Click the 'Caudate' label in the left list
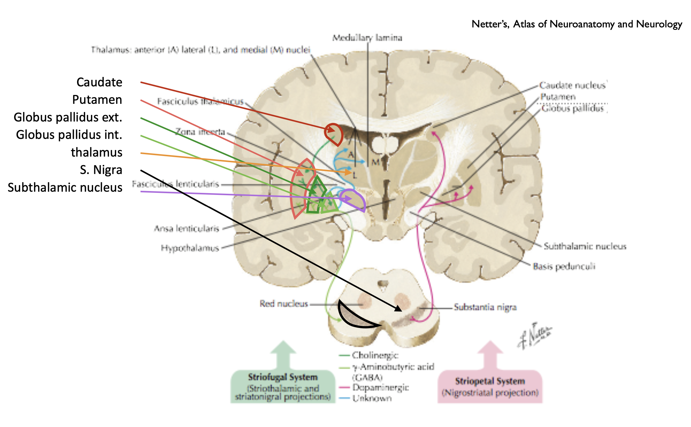tap(99, 82)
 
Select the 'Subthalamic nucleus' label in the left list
tap(65, 188)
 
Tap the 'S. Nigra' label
tap(101, 170)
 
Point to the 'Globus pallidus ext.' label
tap(68, 117)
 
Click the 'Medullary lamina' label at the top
tap(367, 38)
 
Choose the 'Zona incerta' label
tap(200, 132)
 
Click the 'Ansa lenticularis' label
tap(187, 229)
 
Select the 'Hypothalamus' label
tap(190, 248)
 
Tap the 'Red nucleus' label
tap(283, 303)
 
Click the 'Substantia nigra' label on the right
tap(485, 307)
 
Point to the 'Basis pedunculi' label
tap(564, 267)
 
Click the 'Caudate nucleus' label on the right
tap(573, 85)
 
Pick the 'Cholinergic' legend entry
tap(375, 355)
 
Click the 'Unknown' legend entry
tap(372, 398)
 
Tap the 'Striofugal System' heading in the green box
tap(283, 377)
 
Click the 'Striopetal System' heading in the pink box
tap(490, 381)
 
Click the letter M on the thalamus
tap(375, 162)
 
